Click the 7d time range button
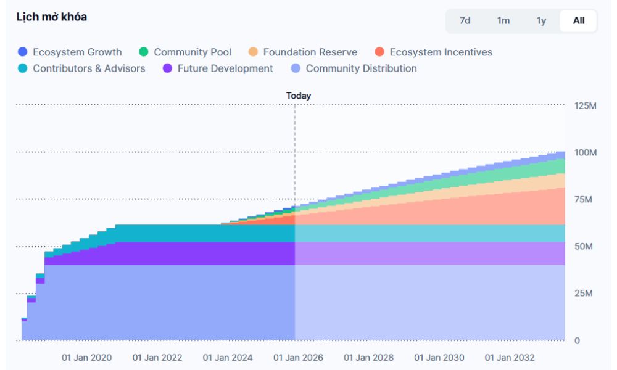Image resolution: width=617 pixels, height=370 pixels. click(465, 20)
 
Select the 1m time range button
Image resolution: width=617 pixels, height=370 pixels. click(503, 20)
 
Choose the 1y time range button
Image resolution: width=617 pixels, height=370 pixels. click(541, 20)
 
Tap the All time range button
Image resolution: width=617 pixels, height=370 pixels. click(579, 20)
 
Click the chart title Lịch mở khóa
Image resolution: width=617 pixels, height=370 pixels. click(51, 17)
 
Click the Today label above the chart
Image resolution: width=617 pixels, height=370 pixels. click(299, 96)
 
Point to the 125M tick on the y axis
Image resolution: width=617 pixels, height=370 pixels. click(585, 105)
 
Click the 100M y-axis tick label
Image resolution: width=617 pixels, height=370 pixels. click(585, 152)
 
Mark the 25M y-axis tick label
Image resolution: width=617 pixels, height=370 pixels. click(584, 293)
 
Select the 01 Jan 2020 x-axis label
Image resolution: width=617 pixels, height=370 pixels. click(86, 358)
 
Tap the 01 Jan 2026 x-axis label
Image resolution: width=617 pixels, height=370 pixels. click(298, 358)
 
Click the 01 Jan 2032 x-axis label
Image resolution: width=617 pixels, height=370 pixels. click(510, 358)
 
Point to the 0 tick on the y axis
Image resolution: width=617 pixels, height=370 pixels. click(578, 340)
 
